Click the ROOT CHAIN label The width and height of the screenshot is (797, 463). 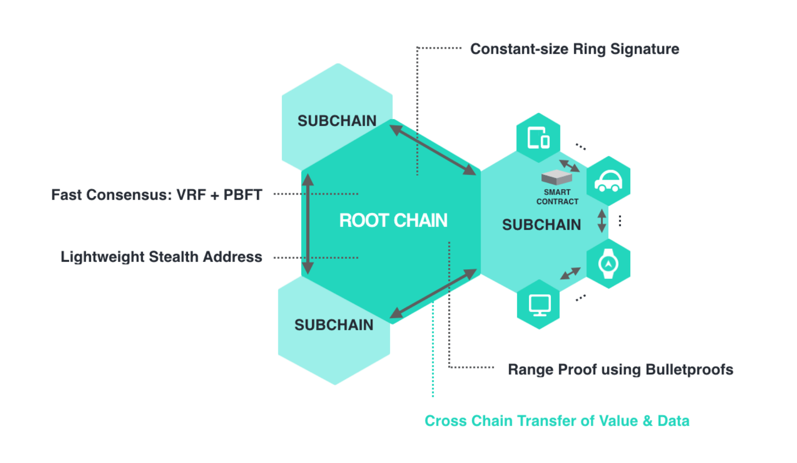pos(393,220)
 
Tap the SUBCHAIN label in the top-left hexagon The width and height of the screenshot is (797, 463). pos(337,121)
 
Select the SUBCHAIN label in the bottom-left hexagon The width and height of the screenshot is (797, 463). pos(334,325)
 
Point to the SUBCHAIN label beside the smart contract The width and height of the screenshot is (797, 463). pos(541,225)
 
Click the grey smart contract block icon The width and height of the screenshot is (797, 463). pos(557,177)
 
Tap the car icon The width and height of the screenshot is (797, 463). pos(609,181)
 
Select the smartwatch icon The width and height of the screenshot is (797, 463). pos(609,264)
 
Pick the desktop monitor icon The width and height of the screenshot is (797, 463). pos(540,305)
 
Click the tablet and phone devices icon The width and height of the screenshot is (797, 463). pos(538,138)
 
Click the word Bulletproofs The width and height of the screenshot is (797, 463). pos(689,369)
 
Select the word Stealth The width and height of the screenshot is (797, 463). pos(173,257)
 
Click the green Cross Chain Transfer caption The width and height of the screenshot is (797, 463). pos(557,421)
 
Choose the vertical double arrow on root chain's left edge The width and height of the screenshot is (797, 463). pos(308,224)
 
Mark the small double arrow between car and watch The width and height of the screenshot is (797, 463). pos(602,221)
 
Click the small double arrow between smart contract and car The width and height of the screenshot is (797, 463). pos(569,166)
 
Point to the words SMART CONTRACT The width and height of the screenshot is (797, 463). pos(557,197)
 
